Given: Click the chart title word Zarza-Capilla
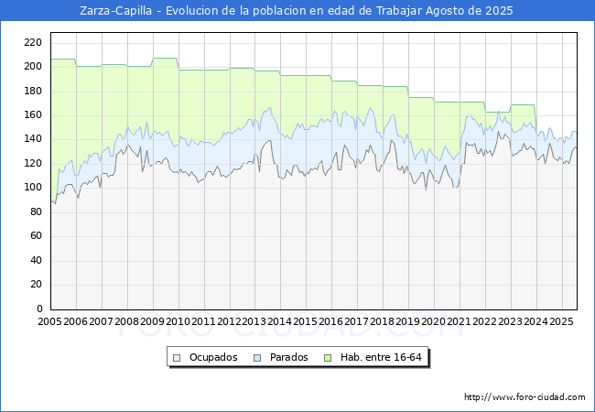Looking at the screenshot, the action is tap(115, 11).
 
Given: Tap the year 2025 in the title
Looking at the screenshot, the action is tap(499, 11).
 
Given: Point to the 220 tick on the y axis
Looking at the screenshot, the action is tap(33, 42).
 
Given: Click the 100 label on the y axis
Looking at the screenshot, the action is tap(33, 187).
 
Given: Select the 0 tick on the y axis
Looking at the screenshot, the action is tap(39, 309).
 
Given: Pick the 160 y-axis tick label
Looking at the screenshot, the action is tap(33, 114).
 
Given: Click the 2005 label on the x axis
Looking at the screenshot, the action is tap(49, 321).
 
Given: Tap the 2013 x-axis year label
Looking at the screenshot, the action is tap(254, 321).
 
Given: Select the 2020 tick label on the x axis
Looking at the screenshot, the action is tap(433, 321).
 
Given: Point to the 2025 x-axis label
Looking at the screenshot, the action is tap(561, 321).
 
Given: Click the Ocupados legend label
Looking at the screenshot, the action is tap(213, 357).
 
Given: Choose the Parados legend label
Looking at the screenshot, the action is tap(288, 357).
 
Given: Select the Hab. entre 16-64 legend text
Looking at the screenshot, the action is tap(381, 357).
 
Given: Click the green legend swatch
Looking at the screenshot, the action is tap(328, 358).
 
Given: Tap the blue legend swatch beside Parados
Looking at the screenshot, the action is tap(257, 358).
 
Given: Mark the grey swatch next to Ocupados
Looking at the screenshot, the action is tap(177, 358).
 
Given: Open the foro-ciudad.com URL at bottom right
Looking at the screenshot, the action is tap(525, 397).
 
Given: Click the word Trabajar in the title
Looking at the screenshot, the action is tap(399, 11).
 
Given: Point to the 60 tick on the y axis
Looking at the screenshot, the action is tap(36, 235).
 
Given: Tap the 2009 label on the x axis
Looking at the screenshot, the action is tap(152, 321).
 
